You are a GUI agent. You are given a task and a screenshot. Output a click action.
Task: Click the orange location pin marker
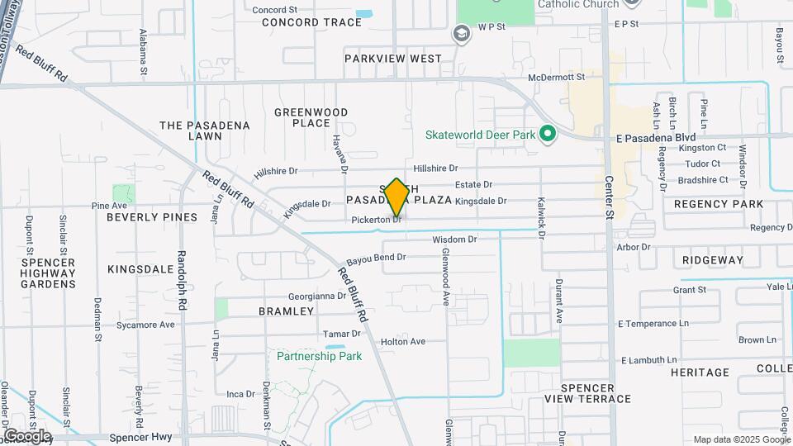(396, 197)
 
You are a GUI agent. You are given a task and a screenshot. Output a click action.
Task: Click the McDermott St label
(557, 77)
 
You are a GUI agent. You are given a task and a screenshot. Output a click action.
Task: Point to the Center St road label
(610, 197)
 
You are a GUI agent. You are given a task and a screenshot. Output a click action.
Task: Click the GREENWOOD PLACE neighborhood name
(311, 117)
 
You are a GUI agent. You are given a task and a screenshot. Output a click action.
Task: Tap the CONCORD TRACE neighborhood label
(312, 22)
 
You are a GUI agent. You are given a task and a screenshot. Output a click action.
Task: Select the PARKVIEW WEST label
(393, 59)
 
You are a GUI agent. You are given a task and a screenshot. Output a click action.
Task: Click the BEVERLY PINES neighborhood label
(152, 217)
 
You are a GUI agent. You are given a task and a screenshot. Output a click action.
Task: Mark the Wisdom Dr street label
(455, 240)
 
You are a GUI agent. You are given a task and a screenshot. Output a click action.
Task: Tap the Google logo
(27, 435)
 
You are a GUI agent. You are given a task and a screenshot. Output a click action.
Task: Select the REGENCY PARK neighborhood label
(719, 203)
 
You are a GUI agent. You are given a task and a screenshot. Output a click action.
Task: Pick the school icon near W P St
(461, 34)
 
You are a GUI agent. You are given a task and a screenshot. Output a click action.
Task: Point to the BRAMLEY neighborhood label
(286, 311)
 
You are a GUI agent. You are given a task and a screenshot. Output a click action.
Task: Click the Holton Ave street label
(402, 341)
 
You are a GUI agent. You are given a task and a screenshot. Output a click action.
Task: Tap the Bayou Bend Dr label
(376, 258)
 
